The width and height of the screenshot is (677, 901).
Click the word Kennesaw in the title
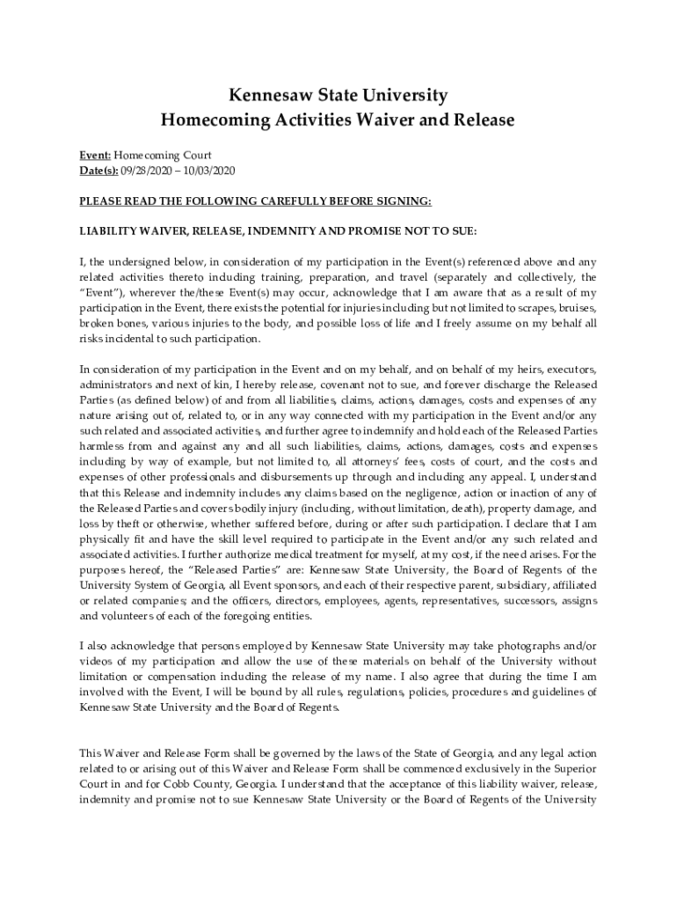click(262, 95)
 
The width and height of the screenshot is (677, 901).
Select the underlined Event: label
click(95, 155)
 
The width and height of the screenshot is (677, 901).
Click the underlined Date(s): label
click(99, 170)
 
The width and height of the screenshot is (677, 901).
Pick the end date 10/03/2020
click(208, 170)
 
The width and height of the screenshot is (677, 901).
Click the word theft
click(132, 524)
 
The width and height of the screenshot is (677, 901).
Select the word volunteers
click(109, 616)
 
